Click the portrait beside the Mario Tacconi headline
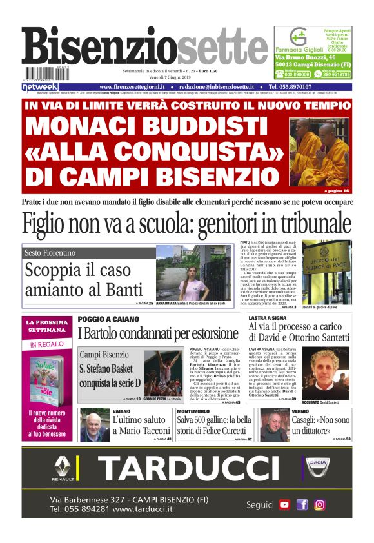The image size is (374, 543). [94, 426]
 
